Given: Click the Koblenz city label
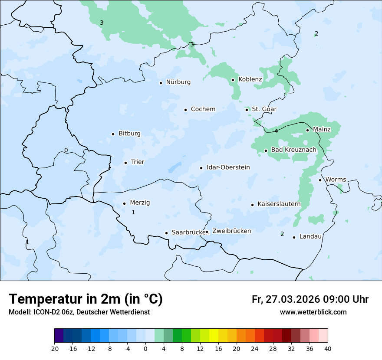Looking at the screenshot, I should coord(250,79).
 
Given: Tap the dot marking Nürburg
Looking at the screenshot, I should coord(161,82).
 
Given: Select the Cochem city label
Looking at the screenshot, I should coord(203,109).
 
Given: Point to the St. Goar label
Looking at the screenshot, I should coord(264,109).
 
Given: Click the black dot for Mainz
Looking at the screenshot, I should coord(307,130).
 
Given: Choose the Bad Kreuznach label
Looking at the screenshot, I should coord(293,150).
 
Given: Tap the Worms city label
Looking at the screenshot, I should coord(336,180).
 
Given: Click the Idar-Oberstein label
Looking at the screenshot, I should coord(228,167).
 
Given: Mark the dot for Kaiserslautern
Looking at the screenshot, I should coord(252,204).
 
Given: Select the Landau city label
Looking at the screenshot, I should coord(310,237).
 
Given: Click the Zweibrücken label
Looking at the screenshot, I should coord(231,231).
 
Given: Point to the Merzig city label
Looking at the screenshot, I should coord(140,203).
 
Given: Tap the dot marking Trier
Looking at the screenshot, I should coord(125,163).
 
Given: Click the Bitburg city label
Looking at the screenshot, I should coord(129,134).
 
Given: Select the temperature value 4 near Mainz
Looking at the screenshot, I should coord(276,131).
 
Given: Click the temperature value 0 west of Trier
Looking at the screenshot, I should coord(66,151).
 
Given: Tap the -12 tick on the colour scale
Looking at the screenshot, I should coord(91,349).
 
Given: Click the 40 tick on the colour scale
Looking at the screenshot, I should coord(328,349).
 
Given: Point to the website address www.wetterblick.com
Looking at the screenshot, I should coord(313,312).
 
